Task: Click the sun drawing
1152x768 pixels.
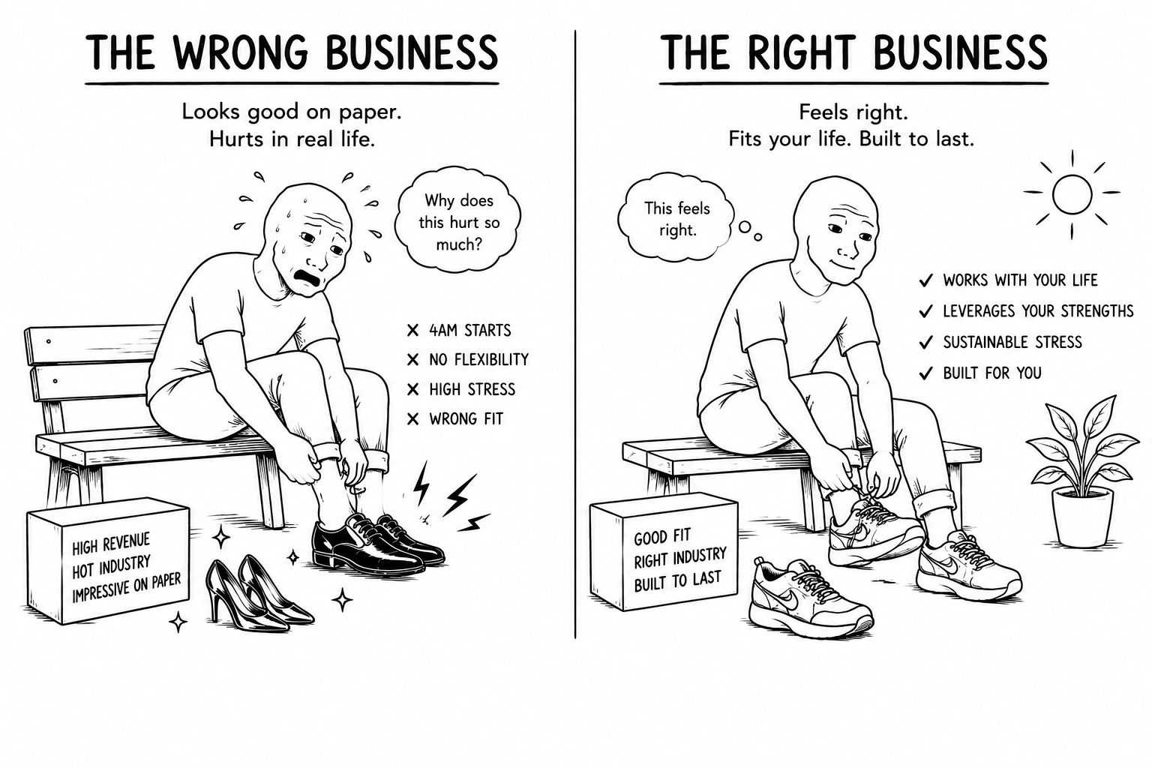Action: (1072, 193)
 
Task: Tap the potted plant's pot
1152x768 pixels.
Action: (1082, 517)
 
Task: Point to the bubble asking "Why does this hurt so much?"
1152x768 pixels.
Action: (457, 222)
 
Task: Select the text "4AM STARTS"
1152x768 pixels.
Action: (470, 330)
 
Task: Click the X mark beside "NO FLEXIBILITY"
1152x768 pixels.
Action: (412, 360)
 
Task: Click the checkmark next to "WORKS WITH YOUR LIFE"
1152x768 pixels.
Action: (925, 280)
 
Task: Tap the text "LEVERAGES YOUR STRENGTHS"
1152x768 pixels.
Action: (1038, 311)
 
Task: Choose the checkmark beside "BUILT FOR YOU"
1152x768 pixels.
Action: (925, 373)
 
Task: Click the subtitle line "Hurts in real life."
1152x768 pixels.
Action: (292, 139)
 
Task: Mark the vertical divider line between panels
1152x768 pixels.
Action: (575, 334)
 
